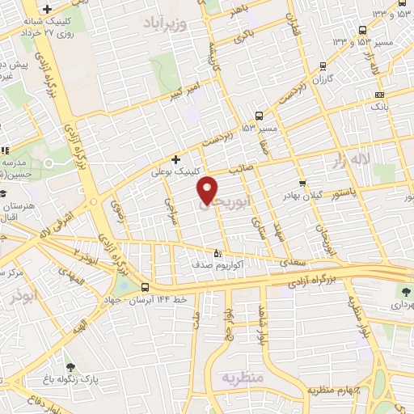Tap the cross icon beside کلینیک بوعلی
pos(175,159)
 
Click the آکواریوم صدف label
pos(213,264)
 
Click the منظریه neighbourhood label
pos(242,378)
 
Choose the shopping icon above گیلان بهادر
pos(302,184)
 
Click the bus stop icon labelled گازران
pos(323,67)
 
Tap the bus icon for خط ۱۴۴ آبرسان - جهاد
pos(145,287)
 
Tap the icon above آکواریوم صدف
pos(215,251)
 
